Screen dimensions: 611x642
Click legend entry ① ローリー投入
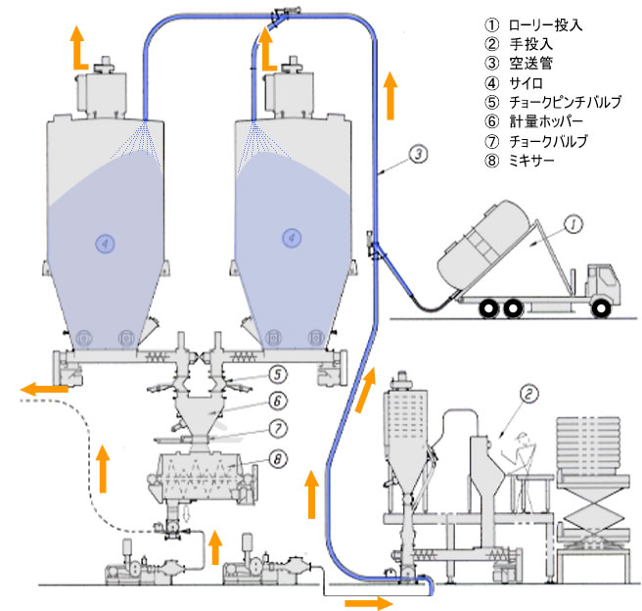(x=533, y=24)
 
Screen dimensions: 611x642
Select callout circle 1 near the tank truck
(x=574, y=224)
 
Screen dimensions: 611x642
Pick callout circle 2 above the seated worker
(x=529, y=395)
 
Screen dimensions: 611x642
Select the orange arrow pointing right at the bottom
(x=371, y=599)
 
